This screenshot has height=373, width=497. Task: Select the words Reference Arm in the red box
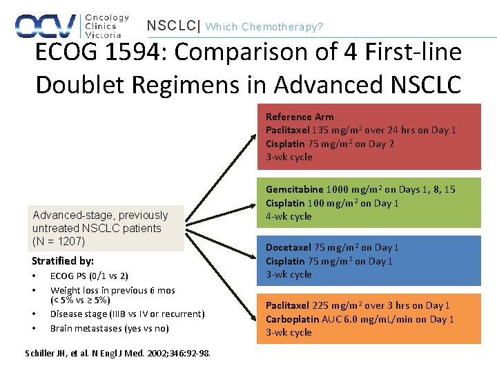tap(300, 117)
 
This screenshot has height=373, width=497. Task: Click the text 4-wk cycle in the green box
tap(289, 216)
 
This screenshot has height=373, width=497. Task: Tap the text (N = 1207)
tap(59, 241)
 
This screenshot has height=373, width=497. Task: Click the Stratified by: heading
tap(63, 261)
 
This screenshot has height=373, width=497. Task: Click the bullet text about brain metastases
tap(109, 328)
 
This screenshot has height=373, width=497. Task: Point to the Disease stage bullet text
tap(127, 314)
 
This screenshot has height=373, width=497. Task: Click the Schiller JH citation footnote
tap(118, 353)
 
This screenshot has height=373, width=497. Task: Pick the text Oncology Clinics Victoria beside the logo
tap(106, 26)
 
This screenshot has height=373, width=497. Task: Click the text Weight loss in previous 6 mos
tap(113, 291)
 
